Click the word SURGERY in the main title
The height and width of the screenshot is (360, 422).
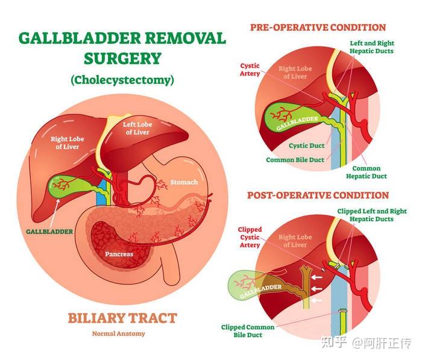(122, 58)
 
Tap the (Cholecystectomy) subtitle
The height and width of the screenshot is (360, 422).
(122, 80)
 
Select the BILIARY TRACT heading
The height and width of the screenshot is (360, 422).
(122, 318)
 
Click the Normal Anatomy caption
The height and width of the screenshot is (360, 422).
(118, 333)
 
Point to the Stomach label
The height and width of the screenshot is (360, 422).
(184, 182)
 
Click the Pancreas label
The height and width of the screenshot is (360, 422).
(119, 254)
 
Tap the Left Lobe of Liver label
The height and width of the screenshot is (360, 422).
(137, 128)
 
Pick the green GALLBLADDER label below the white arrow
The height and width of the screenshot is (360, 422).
(49, 232)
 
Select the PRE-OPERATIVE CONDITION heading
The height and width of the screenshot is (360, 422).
(318, 28)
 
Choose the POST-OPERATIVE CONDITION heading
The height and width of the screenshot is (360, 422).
(318, 195)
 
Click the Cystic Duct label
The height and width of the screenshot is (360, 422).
(306, 146)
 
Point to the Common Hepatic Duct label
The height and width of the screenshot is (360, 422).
(367, 172)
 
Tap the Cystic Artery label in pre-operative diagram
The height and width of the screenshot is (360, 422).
(250, 69)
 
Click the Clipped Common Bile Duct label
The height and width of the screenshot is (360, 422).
(248, 331)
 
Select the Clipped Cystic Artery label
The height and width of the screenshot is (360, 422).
(250, 237)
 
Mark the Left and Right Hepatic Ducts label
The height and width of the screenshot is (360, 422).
(372, 47)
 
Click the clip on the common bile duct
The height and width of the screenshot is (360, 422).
(342, 311)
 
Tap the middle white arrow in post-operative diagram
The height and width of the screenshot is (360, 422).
(316, 289)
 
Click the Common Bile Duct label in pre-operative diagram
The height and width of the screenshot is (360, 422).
(295, 160)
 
